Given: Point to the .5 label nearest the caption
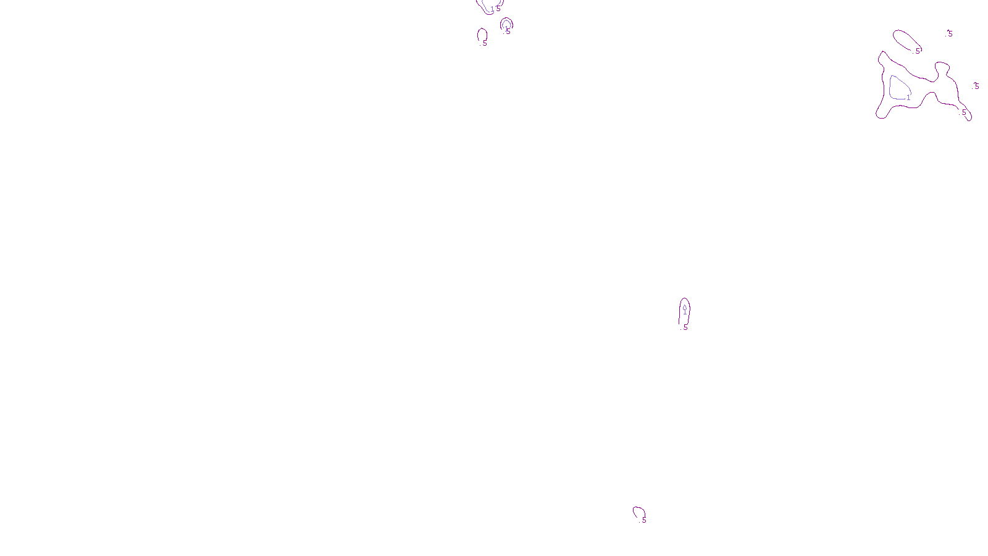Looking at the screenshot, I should (643, 520).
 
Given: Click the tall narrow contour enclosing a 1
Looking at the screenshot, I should (680, 312).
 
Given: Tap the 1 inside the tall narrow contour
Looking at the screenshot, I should (685, 312).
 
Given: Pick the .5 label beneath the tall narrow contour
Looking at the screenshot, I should (685, 327).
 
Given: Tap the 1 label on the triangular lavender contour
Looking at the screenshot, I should (908, 98).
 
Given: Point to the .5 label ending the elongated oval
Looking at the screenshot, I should (918, 51).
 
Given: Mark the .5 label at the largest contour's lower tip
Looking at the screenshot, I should (963, 112).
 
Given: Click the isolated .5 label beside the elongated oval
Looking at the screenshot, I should (950, 34).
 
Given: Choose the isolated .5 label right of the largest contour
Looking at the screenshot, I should (976, 86).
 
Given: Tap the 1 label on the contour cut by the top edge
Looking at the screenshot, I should (492, 9).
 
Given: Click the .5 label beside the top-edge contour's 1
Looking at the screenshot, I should (498, 8).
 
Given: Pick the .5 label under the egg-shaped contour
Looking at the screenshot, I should (484, 43).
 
